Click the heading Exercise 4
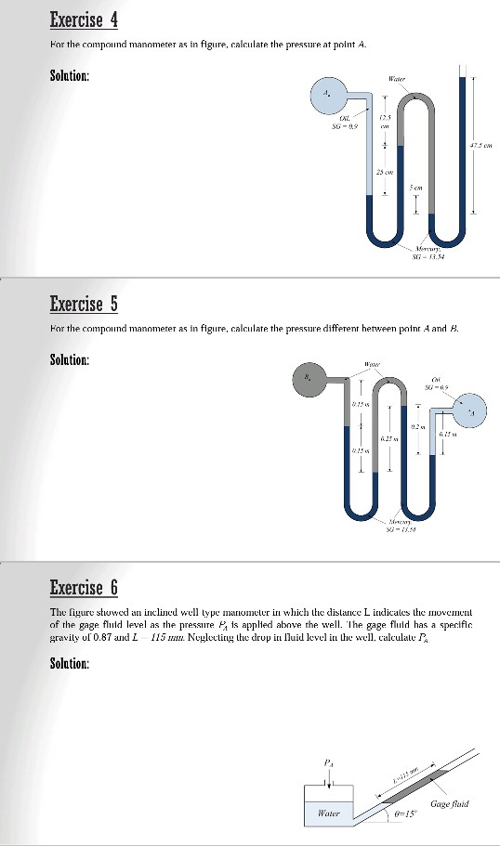click(x=83, y=20)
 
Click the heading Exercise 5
click(x=83, y=304)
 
